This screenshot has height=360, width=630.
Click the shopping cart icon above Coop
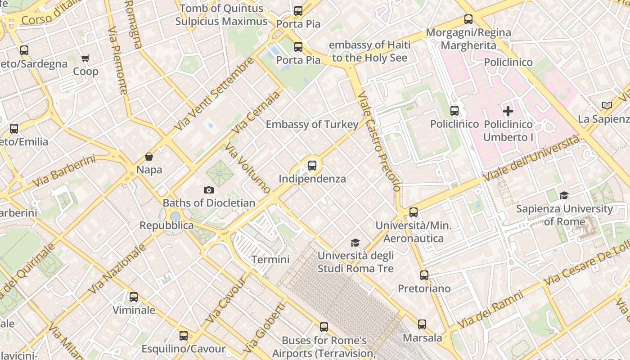click(85, 58)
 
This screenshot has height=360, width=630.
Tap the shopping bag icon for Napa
click(148, 157)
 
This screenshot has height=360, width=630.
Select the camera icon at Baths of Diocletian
click(208, 190)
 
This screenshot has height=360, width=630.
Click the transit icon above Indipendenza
click(312, 166)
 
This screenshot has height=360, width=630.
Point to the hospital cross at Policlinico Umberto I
click(508, 111)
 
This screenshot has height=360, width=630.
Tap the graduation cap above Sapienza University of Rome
click(564, 195)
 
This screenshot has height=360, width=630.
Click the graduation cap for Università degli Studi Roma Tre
click(355, 243)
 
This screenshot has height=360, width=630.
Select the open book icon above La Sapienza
click(607, 105)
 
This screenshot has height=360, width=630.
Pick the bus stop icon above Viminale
click(134, 297)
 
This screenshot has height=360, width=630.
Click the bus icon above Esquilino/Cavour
click(184, 336)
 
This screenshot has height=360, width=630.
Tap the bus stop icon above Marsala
click(422, 324)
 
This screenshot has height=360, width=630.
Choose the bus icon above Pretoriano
click(424, 275)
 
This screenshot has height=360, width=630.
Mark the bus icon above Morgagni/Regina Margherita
click(468, 19)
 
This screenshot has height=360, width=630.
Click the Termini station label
click(270, 260)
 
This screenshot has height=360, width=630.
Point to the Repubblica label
click(166, 225)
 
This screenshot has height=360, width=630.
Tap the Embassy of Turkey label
click(312, 125)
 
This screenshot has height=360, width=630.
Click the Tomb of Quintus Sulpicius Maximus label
click(221, 15)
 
